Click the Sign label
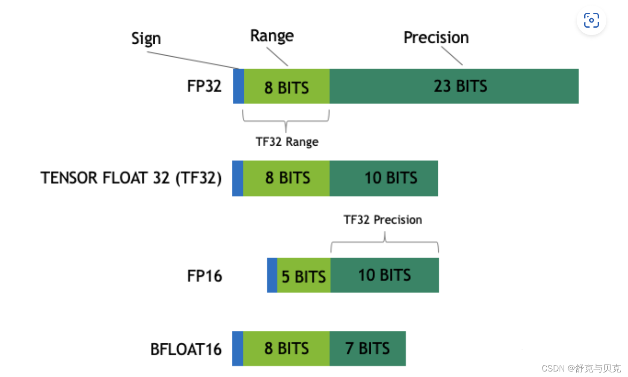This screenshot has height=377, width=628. pos(146,39)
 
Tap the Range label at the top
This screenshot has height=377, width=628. pos(272,36)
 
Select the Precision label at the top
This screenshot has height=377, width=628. pos(436,38)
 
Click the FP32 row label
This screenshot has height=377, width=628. pos(204,86)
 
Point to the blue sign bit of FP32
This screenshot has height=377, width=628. pos(238,86)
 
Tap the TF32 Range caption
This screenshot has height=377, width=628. pos(287,141)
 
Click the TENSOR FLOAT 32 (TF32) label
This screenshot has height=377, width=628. pos(131,178)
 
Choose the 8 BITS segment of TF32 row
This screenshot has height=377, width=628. pos(286,178)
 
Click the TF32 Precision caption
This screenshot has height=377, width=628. pos(383,220)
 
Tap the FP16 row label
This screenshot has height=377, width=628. pos(204,276)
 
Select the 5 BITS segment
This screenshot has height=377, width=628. pos(303,276)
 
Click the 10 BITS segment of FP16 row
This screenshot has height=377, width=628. pos(385,275)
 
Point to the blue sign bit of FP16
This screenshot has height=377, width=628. pos(272,275)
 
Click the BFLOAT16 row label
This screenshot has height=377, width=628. pos(186,349)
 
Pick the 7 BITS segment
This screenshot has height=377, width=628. pos(368,348)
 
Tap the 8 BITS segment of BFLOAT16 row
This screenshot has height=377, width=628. pos(286,348)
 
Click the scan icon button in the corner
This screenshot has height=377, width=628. pos(591,20)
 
